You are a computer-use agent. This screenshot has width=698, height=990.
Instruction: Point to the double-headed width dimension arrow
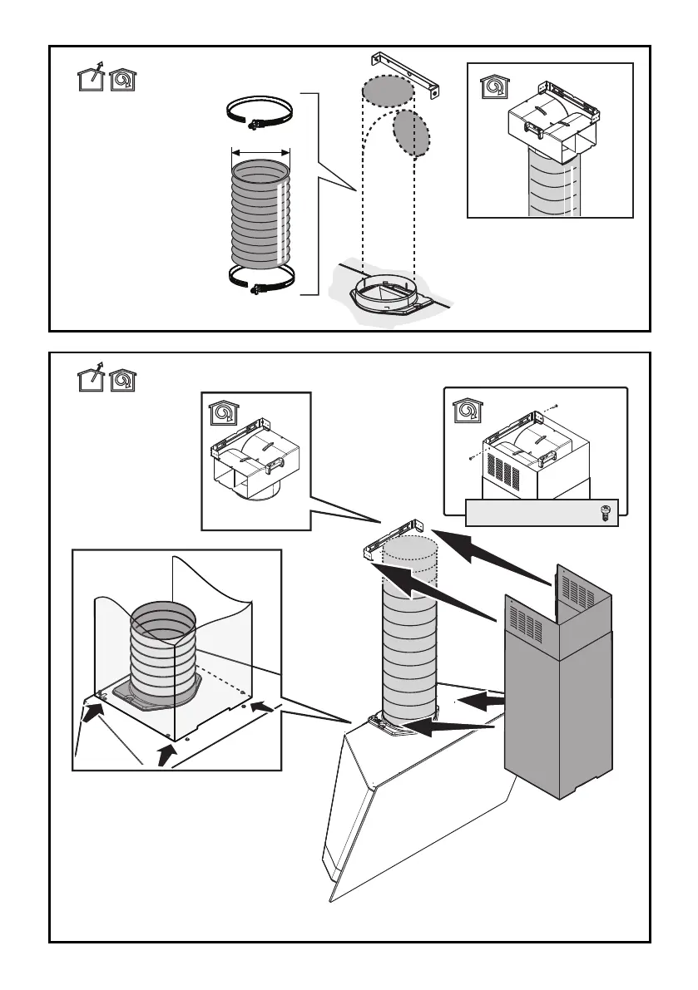(x=260, y=152)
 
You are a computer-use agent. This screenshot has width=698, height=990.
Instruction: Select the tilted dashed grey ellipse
(x=411, y=132)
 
